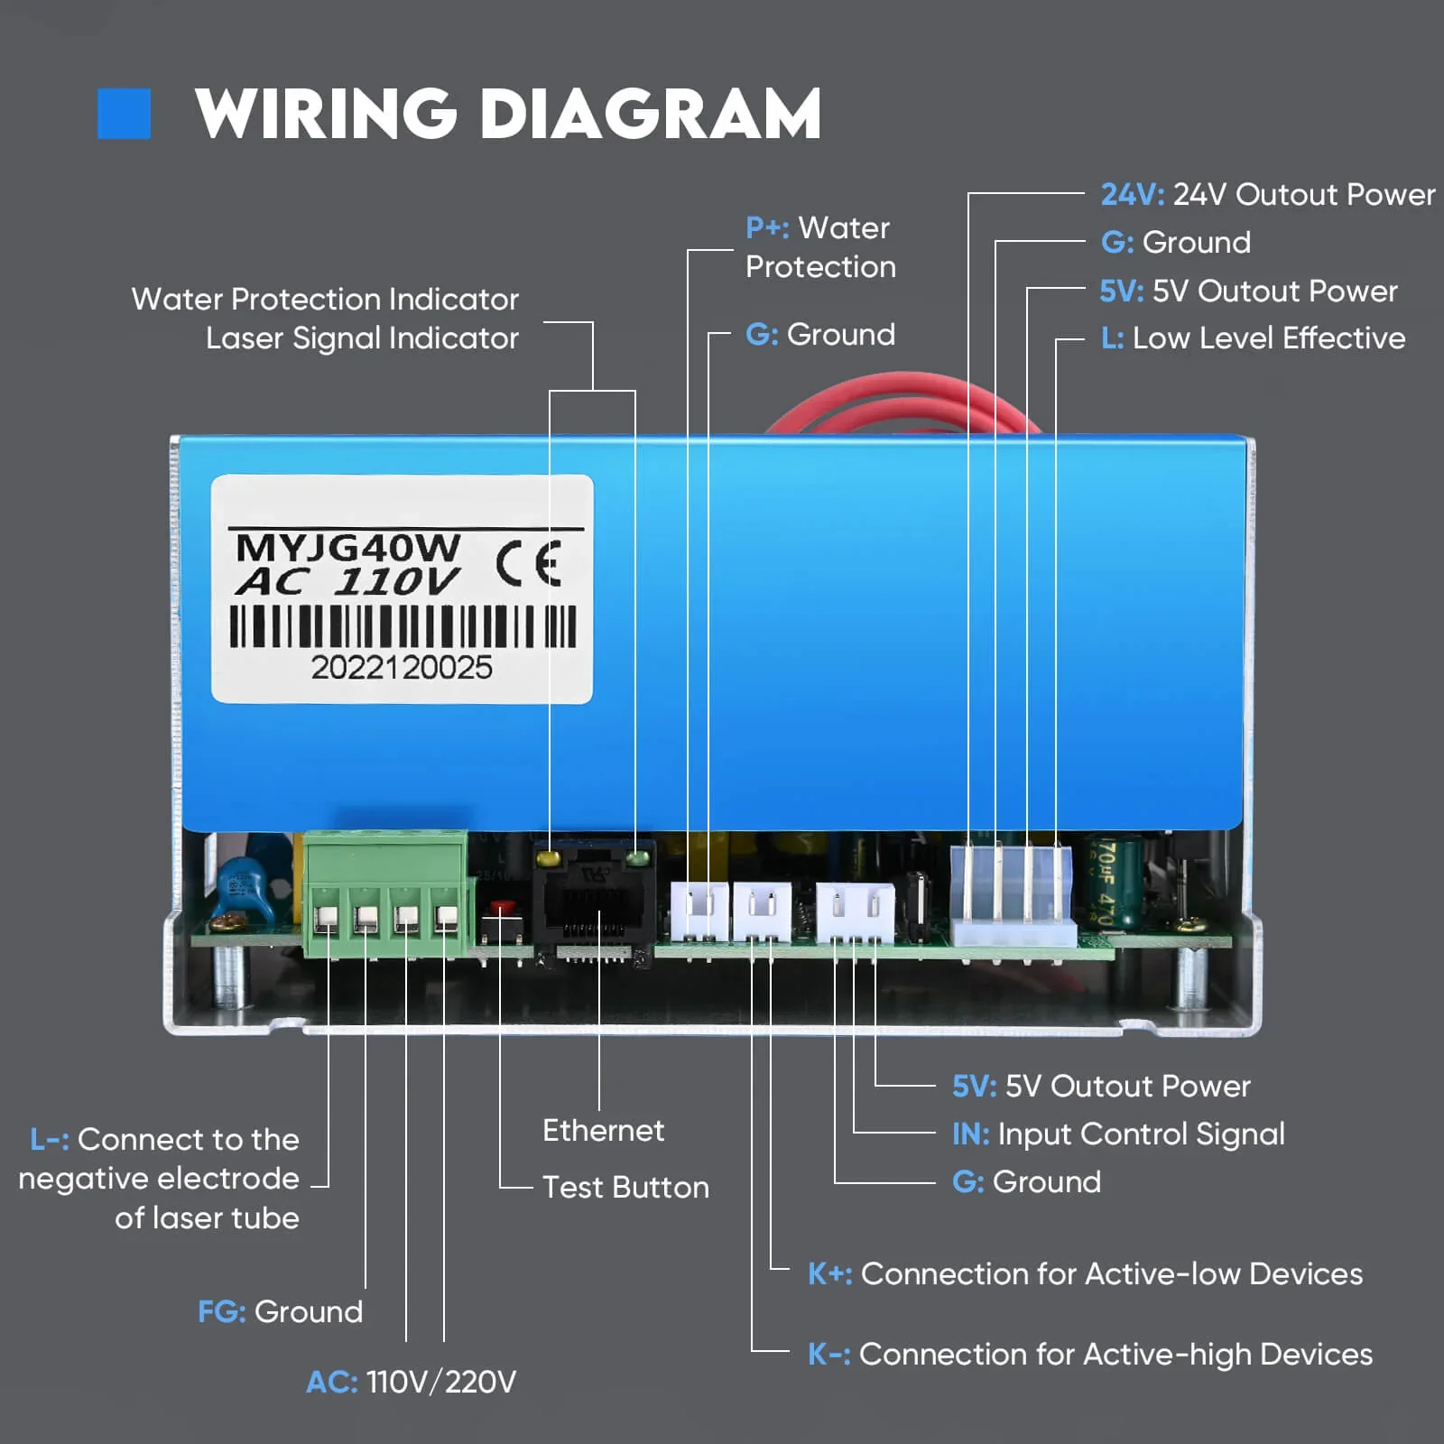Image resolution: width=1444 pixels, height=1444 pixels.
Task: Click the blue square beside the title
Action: click(x=124, y=114)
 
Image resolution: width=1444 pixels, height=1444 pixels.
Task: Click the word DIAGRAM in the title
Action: click(x=650, y=115)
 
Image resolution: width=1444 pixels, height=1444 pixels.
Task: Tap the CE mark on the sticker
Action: click(x=529, y=563)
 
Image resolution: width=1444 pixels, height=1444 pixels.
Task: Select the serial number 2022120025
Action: click(x=402, y=668)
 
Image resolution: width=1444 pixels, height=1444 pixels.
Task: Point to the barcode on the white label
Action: click(x=403, y=625)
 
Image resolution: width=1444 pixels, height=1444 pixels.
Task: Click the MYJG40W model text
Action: click(x=347, y=547)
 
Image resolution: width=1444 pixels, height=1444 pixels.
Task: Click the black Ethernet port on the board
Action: click(x=591, y=907)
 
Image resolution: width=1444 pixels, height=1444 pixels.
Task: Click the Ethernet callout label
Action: click(x=603, y=1131)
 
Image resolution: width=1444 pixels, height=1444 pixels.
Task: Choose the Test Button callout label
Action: click(x=625, y=1188)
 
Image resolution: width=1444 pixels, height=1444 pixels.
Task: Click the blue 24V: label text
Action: click(x=1133, y=195)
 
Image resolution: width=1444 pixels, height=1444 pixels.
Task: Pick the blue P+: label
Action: click(x=767, y=228)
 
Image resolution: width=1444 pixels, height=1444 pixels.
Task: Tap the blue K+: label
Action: click(x=829, y=1274)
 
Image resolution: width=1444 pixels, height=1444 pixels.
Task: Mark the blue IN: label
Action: click(x=970, y=1134)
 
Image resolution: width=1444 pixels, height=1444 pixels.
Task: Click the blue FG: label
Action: click(x=221, y=1312)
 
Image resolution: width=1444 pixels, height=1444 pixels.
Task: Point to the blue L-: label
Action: click(x=49, y=1140)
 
